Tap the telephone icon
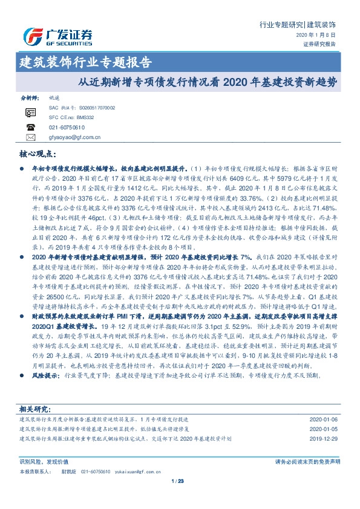tap(31, 127)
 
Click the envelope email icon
tap(31, 137)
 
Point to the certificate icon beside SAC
tap(31, 112)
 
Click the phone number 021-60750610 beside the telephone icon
tap(67, 127)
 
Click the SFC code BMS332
tap(85, 117)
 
